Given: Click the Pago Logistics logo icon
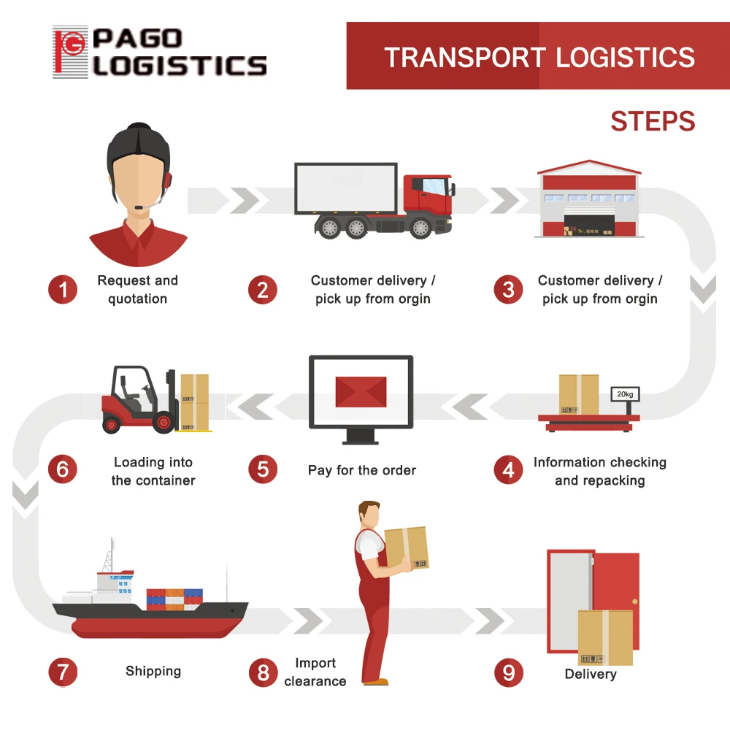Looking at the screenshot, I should tap(70, 53).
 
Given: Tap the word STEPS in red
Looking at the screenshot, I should tap(653, 121).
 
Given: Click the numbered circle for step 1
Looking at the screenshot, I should tap(63, 290).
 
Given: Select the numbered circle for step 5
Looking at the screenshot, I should tap(263, 470).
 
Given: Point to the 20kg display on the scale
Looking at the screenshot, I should tap(625, 394).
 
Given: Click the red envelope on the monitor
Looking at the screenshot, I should tap(361, 391).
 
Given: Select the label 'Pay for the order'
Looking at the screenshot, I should tap(362, 470).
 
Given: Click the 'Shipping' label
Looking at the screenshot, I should tap(153, 671).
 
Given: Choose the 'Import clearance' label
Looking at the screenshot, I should tap(315, 672).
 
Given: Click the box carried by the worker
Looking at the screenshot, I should tap(406, 548).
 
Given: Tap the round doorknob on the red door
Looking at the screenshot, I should tap(634, 602).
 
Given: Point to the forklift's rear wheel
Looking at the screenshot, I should tap(112, 423).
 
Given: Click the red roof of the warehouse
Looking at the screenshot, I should tap(589, 168).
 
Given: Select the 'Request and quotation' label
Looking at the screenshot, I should tap(137, 290).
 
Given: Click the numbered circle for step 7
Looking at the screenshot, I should tap(63, 672).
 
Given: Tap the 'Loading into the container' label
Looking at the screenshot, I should tap(153, 471).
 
